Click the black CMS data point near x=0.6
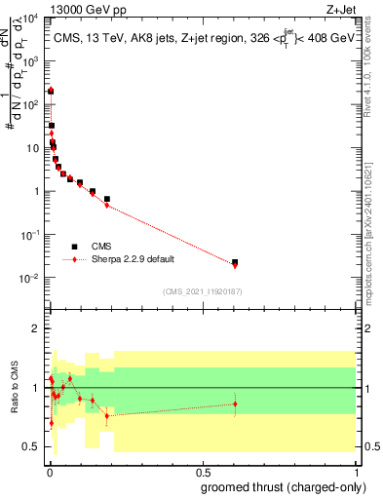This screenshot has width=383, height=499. pyautogui.click(x=235, y=262)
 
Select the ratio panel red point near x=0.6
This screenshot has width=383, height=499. pyautogui.click(x=235, y=403)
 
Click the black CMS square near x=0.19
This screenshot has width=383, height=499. pyautogui.click(x=107, y=199)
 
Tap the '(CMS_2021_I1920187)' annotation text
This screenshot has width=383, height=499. pyautogui.click(x=201, y=291)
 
